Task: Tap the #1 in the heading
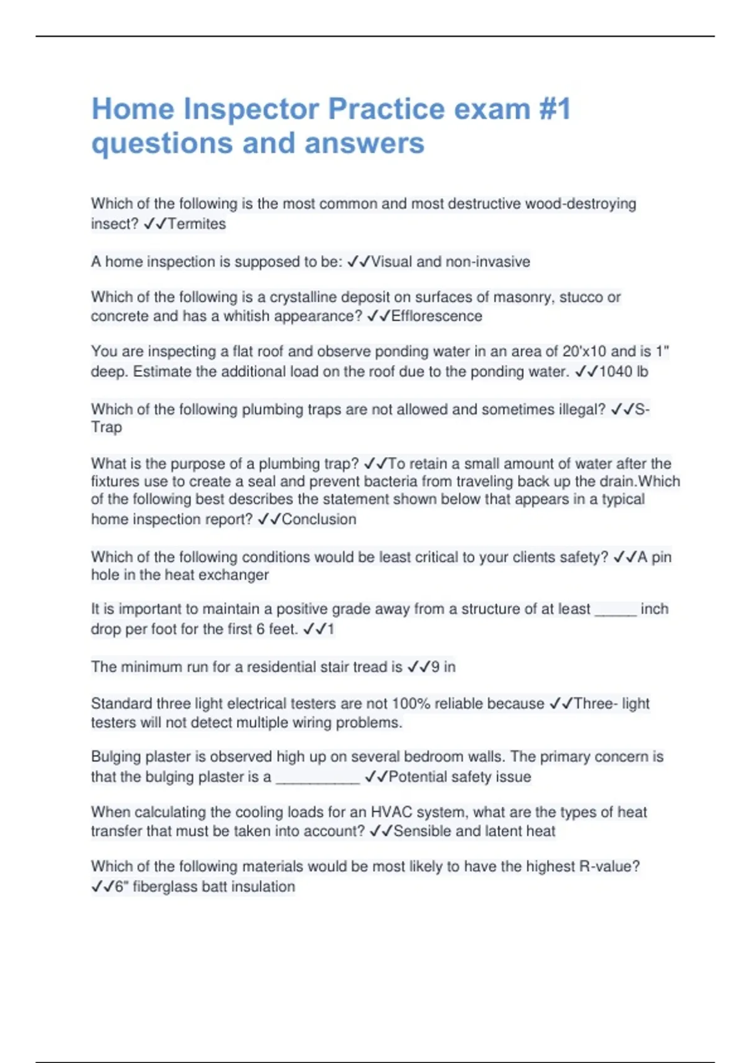point(554,109)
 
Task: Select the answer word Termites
point(197,224)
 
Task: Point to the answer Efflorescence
point(437,316)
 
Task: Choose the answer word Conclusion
point(319,519)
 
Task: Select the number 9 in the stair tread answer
point(436,667)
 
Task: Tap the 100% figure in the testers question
point(411,703)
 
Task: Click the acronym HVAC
point(392,812)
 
